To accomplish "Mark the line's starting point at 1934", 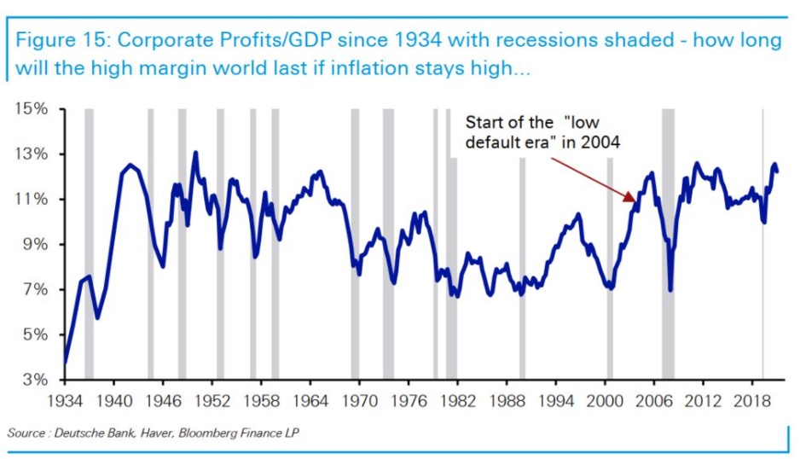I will pos(66,363).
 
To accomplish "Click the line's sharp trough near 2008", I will pos(670,290).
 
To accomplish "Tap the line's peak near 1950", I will pos(195,153).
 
